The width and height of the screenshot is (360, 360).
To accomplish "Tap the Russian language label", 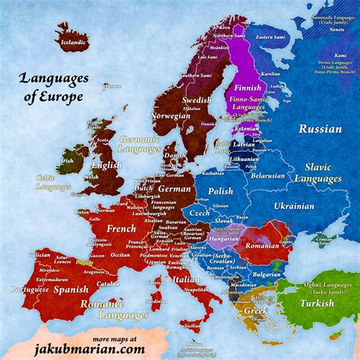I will tap(320, 128).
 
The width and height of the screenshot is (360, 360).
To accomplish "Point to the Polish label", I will tap(220, 191).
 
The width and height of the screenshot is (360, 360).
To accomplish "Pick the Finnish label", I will tap(243, 98).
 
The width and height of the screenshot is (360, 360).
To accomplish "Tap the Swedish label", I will tap(197, 99).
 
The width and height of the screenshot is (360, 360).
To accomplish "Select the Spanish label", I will tap(73, 289).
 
